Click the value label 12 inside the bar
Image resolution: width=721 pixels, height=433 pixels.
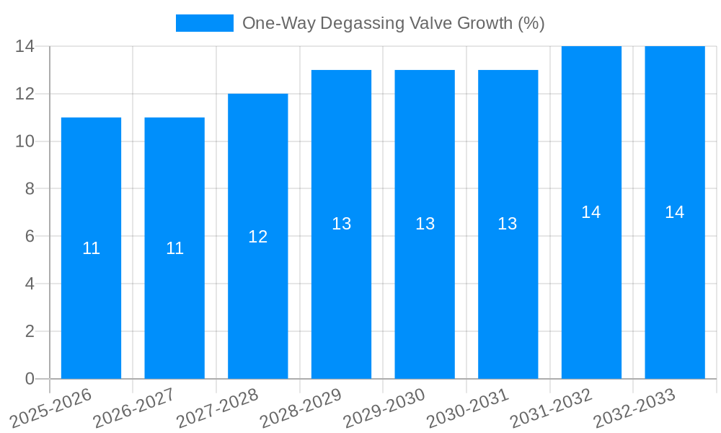(x=258, y=237)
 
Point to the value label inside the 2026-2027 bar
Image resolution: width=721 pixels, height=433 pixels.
(x=174, y=248)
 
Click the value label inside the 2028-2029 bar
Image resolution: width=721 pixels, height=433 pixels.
(x=341, y=224)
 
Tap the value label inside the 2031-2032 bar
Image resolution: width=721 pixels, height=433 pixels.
(x=591, y=212)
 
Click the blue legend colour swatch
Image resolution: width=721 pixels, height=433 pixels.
(x=205, y=23)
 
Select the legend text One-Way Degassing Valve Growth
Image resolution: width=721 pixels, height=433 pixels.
(x=393, y=23)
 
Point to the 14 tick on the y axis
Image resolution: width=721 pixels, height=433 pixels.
(x=25, y=46)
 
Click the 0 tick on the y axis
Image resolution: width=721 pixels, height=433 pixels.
(x=30, y=379)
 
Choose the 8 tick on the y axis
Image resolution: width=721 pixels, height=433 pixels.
(x=30, y=189)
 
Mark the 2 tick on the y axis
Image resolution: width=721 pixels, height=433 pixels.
(x=30, y=331)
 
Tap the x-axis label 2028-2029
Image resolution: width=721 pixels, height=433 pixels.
(x=301, y=406)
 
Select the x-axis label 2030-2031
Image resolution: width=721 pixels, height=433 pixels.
(x=469, y=406)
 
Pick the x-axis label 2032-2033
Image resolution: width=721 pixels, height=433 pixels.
(x=635, y=406)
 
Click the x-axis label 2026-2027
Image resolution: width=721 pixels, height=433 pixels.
(x=135, y=406)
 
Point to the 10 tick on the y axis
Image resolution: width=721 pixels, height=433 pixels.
(x=25, y=141)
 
